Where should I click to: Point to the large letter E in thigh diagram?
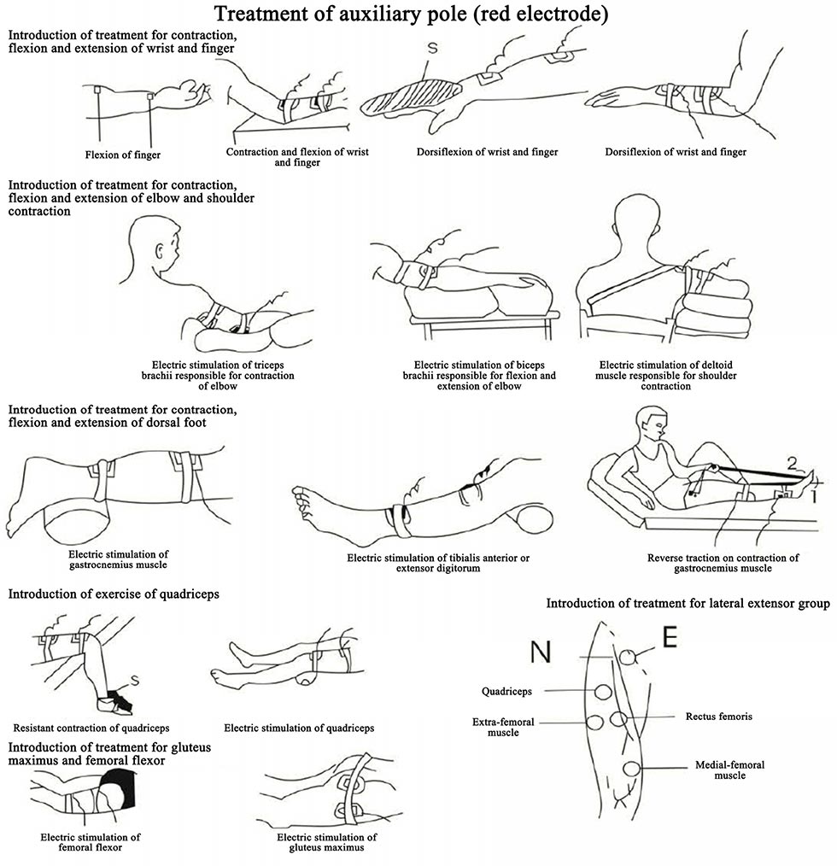point(670,638)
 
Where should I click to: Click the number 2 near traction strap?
point(793,464)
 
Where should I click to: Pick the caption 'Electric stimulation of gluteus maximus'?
point(329,842)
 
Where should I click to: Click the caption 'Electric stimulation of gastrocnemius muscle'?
point(116,559)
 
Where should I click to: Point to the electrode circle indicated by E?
point(629,657)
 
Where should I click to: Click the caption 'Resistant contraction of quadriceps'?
point(92,728)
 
